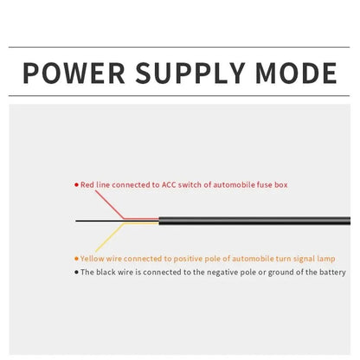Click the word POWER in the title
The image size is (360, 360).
pyautogui.click(x=74, y=73)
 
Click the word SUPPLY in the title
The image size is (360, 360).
pyautogui.click(x=190, y=73)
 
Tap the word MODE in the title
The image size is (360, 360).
pyautogui.click(x=296, y=73)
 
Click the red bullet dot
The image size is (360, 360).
pyautogui.click(x=76, y=184)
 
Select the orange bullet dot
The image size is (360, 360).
pyautogui.click(x=76, y=259)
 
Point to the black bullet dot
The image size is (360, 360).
pyautogui.click(x=76, y=272)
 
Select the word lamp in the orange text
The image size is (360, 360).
pyautogui.click(x=326, y=259)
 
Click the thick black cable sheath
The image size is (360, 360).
pyautogui.click(x=254, y=221)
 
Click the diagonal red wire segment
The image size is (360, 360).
pyautogui.click(x=110, y=205)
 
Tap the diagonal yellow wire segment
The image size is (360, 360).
pyautogui.click(x=110, y=237)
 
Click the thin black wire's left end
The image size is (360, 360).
pyautogui.click(x=76, y=221)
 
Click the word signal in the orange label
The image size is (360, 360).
pyautogui.click(x=304, y=259)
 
